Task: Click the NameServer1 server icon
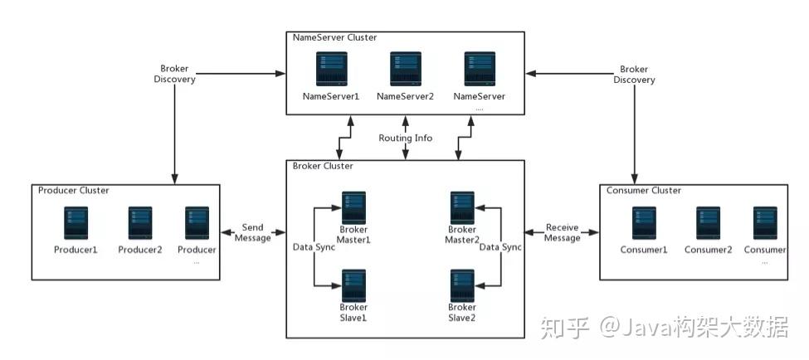[330, 70]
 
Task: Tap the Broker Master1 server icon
[354, 207]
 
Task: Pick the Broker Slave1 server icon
[354, 285]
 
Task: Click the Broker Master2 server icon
[462, 207]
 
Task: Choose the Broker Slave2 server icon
[462, 285]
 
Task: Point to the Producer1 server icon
[76, 223]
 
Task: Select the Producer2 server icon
[140, 223]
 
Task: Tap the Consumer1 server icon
[644, 223]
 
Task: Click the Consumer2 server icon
[707, 223]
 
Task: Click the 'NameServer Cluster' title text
[334, 37]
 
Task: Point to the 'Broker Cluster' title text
[323, 166]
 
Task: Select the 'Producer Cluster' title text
[74, 190]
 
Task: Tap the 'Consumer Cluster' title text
[643, 190]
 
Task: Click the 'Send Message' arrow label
[253, 232]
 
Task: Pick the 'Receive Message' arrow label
[562, 232]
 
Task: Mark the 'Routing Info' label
[405, 138]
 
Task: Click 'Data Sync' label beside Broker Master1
[314, 247]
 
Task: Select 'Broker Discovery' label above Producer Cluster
[174, 74]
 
